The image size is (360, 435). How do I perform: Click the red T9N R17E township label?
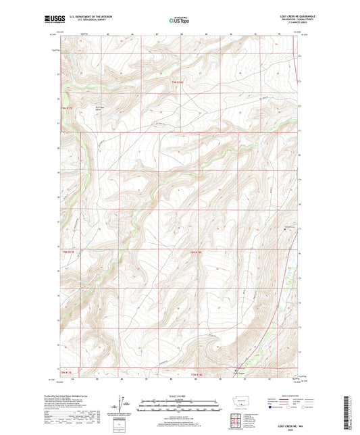[x=66, y=106]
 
